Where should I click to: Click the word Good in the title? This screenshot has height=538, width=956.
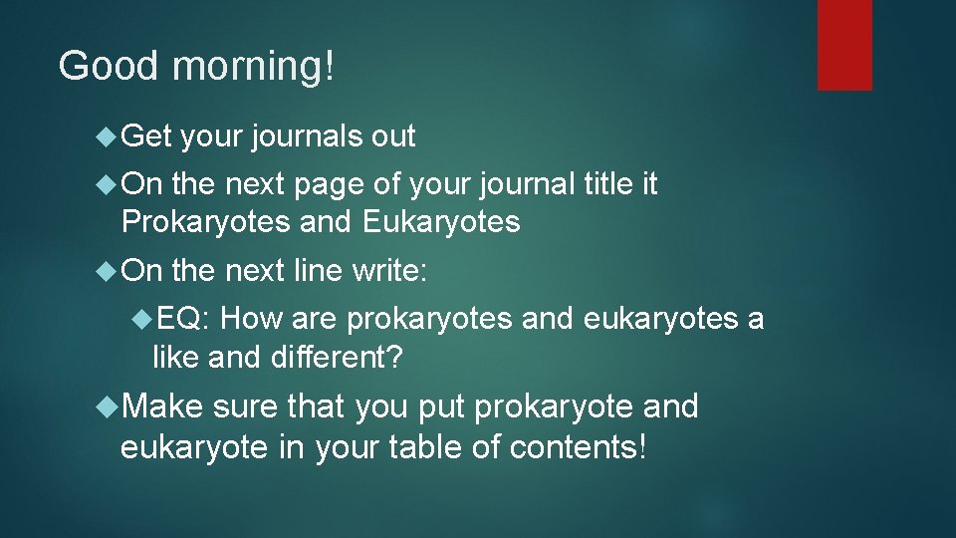pyautogui.click(x=108, y=66)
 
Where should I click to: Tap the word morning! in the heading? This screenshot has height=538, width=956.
pyautogui.click(x=253, y=68)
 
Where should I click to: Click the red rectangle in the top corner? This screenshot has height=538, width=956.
pyautogui.click(x=844, y=44)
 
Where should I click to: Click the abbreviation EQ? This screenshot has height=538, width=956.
pyautogui.click(x=181, y=319)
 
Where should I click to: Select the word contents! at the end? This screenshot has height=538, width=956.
pyautogui.click(x=578, y=447)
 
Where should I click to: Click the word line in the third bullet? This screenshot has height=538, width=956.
pyautogui.click(x=318, y=270)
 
